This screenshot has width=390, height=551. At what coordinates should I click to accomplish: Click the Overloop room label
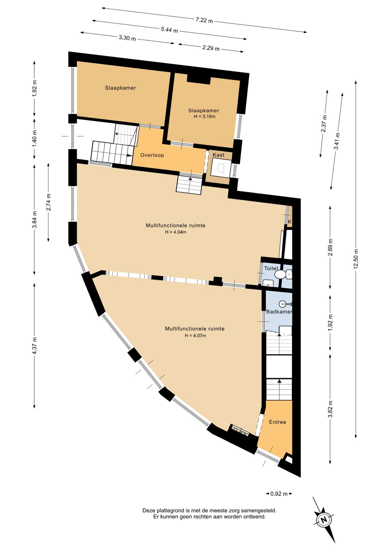coord(152,155)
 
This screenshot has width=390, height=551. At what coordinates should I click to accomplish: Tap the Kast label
coord(219,155)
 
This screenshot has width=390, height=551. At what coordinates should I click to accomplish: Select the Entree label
coord(277,422)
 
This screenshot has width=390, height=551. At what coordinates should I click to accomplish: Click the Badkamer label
coord(279,312)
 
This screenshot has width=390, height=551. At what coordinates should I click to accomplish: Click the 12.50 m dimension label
coord(356,259)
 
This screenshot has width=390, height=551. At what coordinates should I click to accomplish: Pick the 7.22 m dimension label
coord(204,20)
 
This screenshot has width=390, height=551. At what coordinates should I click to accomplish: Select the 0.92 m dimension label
coord(279,494)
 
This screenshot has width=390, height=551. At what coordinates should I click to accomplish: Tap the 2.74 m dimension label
coord(49,202)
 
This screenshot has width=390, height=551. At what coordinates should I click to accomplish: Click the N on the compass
coord(324,520)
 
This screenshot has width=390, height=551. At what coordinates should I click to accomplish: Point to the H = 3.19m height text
coord(204,117)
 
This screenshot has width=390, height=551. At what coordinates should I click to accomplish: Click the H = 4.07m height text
coord(195,335)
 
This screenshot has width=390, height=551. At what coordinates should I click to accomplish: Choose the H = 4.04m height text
coord(175,232)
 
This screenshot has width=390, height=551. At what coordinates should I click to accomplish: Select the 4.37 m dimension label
coord(34,346)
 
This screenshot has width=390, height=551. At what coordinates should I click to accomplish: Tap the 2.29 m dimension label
coord(211,48)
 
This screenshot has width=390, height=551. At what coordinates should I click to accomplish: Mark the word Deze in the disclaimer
coord(149,511)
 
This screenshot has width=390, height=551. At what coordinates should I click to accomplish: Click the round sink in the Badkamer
coord(283,304)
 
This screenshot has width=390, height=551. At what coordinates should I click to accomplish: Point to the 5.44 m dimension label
coord(169,30)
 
